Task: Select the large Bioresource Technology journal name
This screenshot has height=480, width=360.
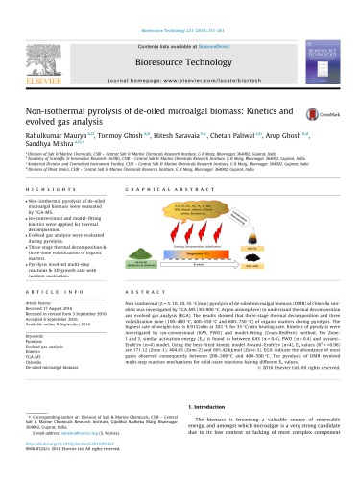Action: click(180, 42)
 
